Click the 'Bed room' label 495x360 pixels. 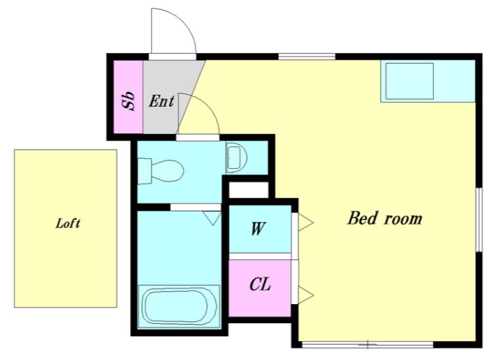point(385,219)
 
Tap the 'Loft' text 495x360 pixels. point(68,223)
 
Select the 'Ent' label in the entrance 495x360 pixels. point(161,101)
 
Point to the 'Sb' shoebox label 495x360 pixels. point(129,101)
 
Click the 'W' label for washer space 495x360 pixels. point(258,229)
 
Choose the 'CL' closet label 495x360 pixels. point(260,284)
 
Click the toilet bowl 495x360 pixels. point(167,171)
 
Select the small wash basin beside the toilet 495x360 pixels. point(236,157)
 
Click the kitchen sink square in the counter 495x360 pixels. point(409,81)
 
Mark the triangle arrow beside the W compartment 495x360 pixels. point(305,222)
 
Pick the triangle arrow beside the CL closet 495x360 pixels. point(305,295)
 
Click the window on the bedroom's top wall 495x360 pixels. point(307,57)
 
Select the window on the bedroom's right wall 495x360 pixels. point(479,219)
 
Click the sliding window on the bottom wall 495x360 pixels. point(368,345)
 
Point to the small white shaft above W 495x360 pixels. point(248,189)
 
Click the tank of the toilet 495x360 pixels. point(144,171)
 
